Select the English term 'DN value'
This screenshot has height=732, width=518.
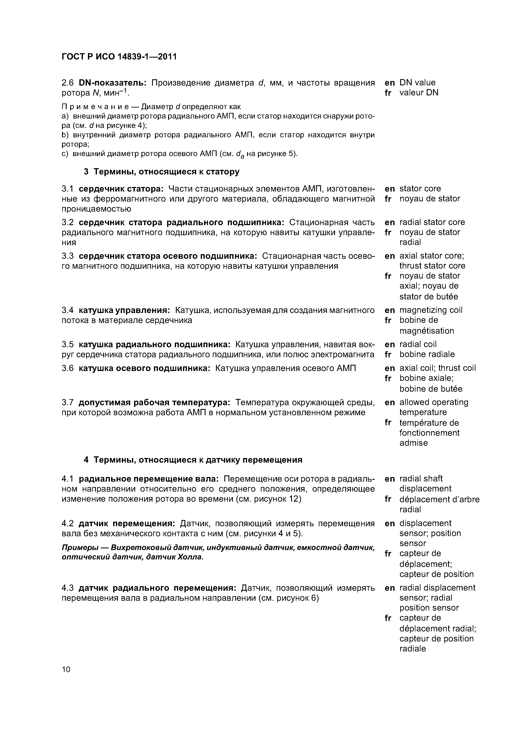click(x=417, y=83)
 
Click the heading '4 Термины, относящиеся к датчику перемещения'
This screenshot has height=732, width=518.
click(x=193, y=460)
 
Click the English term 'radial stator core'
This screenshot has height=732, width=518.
click(x=432, y=222)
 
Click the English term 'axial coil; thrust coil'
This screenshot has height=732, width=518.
click(x=437, y=368)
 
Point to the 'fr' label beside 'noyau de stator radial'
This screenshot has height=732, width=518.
click(x=388, y=233)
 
